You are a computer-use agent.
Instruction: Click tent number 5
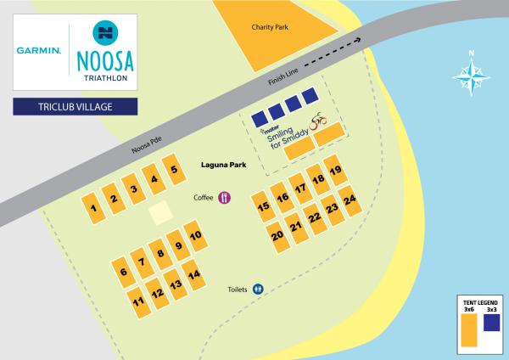[173, 170]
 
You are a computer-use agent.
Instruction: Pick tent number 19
[335, 172]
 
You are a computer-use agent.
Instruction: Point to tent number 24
[349, 201]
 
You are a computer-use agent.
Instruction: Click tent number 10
[194, 236]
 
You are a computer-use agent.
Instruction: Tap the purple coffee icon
[225, 197]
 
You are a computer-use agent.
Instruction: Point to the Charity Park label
[270, 27]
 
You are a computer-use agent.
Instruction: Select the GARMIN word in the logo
[36, 51]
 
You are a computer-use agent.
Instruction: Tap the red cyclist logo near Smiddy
[318, 121]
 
